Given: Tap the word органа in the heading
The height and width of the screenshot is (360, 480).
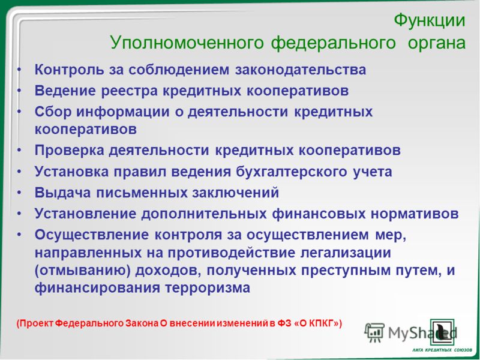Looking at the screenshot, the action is coord(437,43).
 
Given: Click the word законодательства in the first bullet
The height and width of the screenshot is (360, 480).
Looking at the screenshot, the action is coord(301,70).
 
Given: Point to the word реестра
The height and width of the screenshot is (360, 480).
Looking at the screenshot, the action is coord(130,91).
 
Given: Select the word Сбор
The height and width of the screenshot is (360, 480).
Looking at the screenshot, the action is coord(53,112).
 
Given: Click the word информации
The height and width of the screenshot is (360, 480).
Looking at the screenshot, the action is coord(123,112).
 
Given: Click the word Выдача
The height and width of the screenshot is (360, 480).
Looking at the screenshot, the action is coord(62,193).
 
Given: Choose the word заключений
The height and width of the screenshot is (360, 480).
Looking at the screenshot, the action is coord(235,193).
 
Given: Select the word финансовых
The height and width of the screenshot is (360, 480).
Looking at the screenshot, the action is coord(319,214).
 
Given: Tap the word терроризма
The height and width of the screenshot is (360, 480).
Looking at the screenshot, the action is coord(208,289).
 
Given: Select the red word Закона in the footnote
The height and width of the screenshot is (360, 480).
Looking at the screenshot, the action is coord(142,323).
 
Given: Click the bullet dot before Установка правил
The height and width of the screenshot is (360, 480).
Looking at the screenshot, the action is coord(19,172).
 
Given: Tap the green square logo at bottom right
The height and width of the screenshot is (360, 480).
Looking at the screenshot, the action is coord(442,332).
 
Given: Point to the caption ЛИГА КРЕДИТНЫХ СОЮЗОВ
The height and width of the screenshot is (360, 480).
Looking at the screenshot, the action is coord(442,350).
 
